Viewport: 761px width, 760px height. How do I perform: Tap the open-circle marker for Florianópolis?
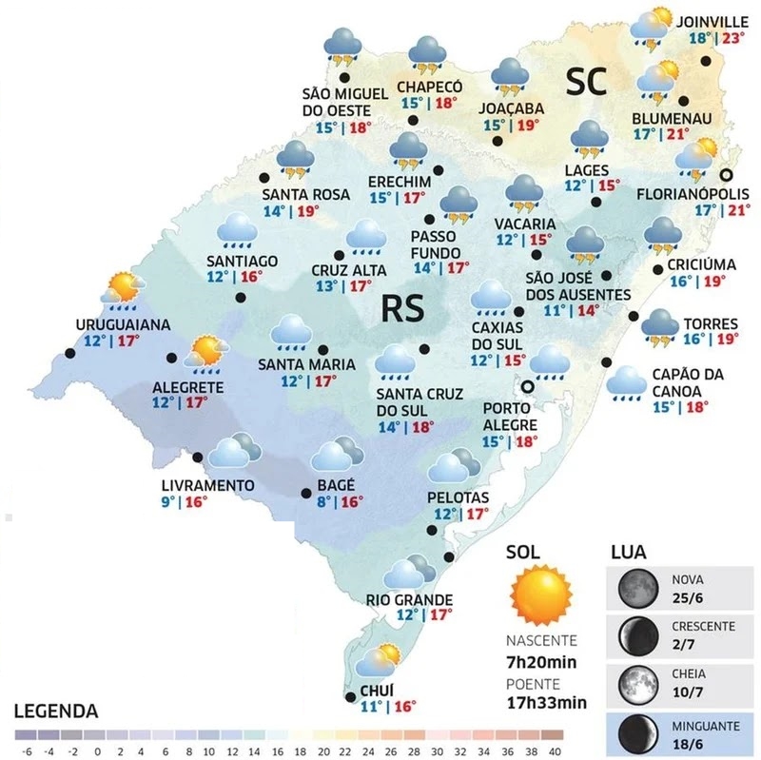click(x=726, y=174)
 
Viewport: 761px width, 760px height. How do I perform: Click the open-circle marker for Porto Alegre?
click(x=527, y=386)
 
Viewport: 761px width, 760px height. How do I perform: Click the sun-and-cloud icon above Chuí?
click(x=378, y=660)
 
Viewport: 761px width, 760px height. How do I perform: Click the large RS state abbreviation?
click(x=406, y=308)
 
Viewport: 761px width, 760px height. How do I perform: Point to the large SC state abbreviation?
click(x=588, y=82)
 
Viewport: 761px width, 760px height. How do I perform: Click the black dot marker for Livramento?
click(x=199, y=458)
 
